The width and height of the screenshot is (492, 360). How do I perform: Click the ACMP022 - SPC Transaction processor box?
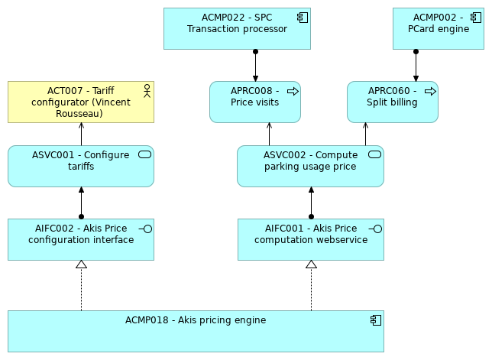pos(237,28)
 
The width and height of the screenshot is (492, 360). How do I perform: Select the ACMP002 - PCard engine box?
pos(438,28)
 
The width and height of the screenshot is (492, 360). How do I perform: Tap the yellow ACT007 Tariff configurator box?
pos(80,102)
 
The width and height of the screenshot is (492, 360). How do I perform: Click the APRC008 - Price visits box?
pos(254,102)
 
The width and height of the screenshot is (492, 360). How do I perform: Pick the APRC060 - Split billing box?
pos(392,102)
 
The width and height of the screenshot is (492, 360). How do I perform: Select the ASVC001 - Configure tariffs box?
pos(80,167)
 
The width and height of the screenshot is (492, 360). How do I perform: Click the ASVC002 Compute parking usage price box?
pos(309,167)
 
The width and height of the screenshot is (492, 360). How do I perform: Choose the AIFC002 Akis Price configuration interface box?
pos(80,239)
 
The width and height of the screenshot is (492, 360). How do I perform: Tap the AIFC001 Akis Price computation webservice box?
pos(310,239)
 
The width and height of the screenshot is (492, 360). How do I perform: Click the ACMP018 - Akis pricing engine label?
pos(196,320)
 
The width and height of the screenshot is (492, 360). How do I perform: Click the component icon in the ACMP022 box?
pos(303,17)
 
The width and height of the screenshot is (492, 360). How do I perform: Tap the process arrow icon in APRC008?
pos(293,91)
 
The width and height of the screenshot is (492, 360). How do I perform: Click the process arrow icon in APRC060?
pos(430,91)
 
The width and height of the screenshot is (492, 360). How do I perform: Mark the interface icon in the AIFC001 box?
pos(375,229)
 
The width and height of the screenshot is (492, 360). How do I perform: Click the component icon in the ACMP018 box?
pos(375,320)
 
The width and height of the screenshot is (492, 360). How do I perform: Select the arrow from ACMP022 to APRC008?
pos(255,66)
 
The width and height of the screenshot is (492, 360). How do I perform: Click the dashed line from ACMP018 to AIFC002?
pos(81,290)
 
